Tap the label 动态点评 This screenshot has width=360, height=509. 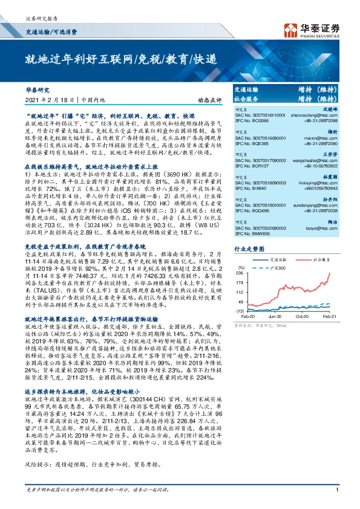click(x=197, y=100)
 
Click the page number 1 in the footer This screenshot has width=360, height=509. click(x=336, y=497)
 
